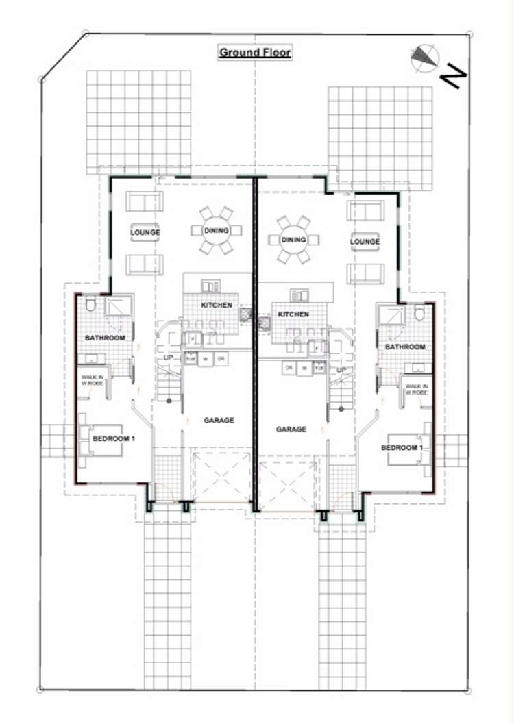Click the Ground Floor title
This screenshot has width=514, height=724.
coord(255,52)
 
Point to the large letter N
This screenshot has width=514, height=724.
coord(453,75)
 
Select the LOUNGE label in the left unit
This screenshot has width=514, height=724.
coord(145,232)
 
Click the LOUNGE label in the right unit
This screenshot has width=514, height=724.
coord(365,241)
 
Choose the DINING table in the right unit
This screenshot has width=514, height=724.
coord(293,240)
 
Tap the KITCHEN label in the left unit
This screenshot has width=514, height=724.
coord(217,305)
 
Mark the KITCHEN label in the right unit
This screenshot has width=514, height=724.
coord(293,314)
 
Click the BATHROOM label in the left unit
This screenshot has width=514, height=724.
coord(105,338)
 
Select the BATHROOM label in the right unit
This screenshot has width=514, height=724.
coord(405,347)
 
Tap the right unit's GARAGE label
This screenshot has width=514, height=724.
coord(291,429)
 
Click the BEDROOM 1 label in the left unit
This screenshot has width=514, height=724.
coord(113,438)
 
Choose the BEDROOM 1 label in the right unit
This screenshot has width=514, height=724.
coord(402,447)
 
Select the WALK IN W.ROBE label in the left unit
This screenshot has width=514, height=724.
coord(93,381)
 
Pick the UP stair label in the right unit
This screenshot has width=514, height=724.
coord(342,369)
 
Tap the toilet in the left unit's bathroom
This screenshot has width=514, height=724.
coord(92,305)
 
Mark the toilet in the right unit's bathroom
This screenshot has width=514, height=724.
coord(419,313)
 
